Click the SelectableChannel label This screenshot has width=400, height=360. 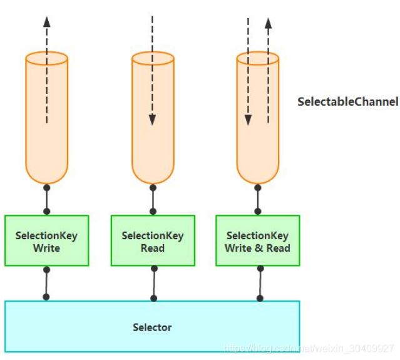click(x=348, y=101)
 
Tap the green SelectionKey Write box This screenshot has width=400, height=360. click(x=46, y=241)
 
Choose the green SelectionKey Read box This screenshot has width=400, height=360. click(x=152, y=241)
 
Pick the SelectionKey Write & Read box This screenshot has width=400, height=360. click(x=257, y=241)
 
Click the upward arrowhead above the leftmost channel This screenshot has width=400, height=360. click(x=46, y=20)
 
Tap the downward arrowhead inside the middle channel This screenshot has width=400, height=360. click(x=152, y=120)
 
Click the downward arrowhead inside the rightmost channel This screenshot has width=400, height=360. click(x=248, y=120)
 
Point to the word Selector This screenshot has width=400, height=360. click(x=152, y=327)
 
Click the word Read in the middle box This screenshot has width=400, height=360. click(x=152, y=248)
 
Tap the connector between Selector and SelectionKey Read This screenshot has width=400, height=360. click(x=153, y=284)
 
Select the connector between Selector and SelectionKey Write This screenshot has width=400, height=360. click(x=46, y=284)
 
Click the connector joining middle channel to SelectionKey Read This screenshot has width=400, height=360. click(x=152, y=200)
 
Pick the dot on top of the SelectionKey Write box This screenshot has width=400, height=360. click(x=46, y=212)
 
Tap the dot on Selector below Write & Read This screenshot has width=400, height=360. click(x=260, y=298)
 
